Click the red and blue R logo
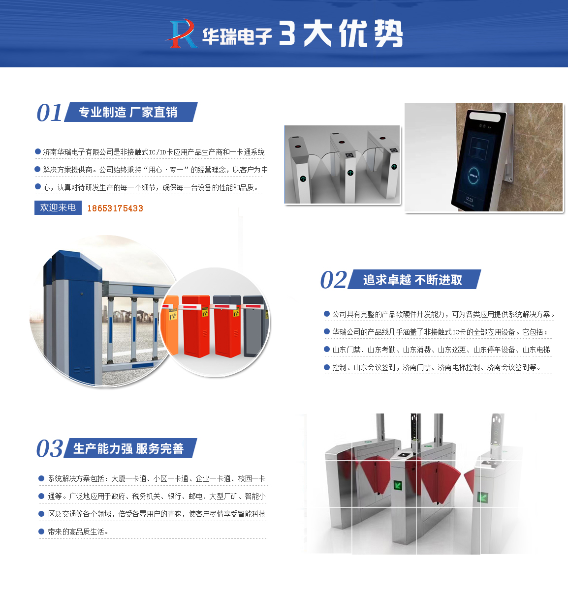click(x=181, y=33)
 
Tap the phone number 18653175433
click(x=115, y=208)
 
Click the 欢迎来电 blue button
click(x=58, y=208)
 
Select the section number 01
click(x=49, y=113)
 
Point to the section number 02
click(x=333, y=280)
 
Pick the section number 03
click(x=49, y=449)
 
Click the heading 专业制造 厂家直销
click(x=128, y=113)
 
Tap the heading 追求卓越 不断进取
click(x=412, y=280)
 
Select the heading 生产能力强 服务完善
click(x=128, y=448)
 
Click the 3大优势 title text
click(x=341, y=34)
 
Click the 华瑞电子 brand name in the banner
click(x=237, y=36)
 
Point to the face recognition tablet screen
click(x=478, y=160)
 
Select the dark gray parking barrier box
click(x=254, y=324)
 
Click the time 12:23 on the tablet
click(x=469, y=200)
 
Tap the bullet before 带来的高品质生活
click(x=41, y=531)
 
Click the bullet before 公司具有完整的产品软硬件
click(x=327, y=314)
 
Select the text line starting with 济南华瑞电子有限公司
click(x=154, y=152)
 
